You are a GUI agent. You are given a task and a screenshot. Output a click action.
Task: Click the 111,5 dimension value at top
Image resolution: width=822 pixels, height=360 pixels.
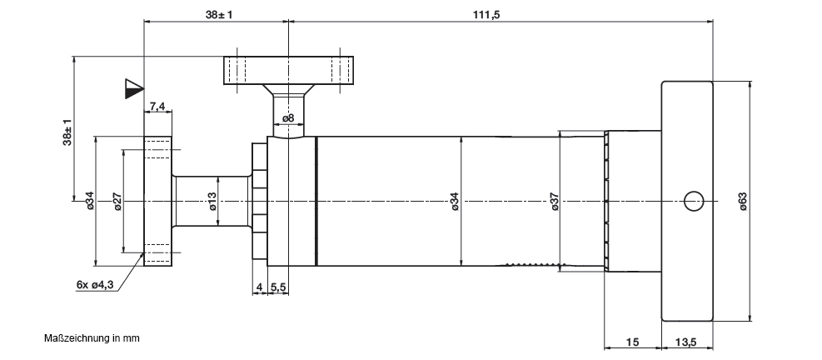pos(487,14)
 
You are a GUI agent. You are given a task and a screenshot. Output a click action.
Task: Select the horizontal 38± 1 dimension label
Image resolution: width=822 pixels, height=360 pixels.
pos(219,14)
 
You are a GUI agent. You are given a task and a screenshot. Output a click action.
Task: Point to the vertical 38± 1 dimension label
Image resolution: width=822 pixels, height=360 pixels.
pos(67,132)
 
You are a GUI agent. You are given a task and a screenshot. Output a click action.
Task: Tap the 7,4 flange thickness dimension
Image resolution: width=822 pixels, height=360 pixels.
pos(157,107)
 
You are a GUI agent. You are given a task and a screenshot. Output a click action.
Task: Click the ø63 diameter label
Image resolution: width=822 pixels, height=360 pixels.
pos(743,202)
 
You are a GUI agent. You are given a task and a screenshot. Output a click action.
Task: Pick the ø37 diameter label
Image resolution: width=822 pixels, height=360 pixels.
pos(555,202)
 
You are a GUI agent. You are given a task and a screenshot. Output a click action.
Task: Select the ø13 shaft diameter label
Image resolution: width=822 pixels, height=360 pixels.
pos(212,202)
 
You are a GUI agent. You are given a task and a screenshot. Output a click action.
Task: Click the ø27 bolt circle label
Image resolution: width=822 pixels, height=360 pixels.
pos(118,202)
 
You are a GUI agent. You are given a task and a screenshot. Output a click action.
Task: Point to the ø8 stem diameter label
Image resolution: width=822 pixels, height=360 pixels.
pos(288,118)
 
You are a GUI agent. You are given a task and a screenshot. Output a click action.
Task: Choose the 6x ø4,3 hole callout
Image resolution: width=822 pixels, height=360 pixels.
pos(95,285)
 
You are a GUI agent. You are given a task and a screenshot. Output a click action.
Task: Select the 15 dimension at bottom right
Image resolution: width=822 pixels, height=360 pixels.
pos(633,342)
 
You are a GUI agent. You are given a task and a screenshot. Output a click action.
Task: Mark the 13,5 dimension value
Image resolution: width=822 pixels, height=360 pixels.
pos(685,342)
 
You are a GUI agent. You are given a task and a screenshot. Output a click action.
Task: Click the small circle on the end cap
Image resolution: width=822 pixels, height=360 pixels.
pos(694,201)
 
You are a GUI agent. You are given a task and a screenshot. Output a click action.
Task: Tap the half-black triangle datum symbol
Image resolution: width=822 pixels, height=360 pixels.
pos(134,88)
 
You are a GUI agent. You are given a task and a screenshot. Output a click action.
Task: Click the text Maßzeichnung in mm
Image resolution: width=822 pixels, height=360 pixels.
pos(92,338)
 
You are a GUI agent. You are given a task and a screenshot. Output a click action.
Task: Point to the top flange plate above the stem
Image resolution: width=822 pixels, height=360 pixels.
pos(289,70)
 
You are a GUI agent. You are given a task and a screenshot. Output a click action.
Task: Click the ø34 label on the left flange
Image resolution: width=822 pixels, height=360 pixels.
pos(90,202)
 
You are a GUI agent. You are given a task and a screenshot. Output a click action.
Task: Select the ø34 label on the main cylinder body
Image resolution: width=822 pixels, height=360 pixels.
pos(455,202)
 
